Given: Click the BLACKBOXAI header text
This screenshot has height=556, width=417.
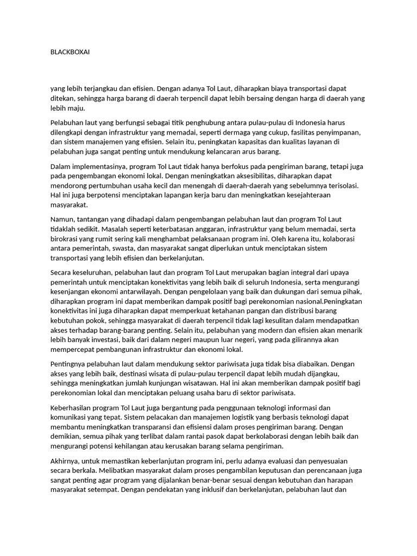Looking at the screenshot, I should click(70, 52).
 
